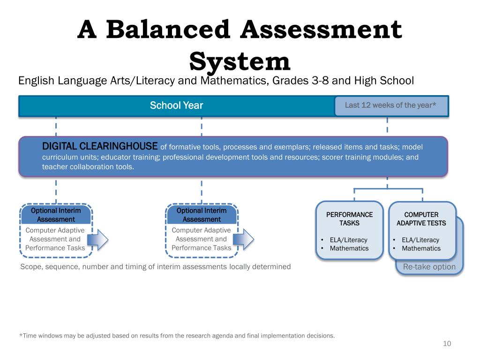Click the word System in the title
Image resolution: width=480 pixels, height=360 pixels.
(x=240, y=62)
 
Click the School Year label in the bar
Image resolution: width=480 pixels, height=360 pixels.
(x=176, y=105)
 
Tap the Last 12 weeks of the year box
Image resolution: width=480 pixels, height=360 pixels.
(x=391, y=106)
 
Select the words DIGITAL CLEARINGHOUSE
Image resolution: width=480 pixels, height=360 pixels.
(x=100, y=146)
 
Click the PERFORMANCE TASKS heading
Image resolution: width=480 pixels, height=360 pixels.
(x=349, y=219)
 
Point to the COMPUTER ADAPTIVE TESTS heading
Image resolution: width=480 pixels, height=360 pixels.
(x=421, y=219)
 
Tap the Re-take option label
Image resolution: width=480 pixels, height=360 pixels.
(x=429, y=267)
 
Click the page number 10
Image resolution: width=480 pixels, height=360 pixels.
(x=447, y=344)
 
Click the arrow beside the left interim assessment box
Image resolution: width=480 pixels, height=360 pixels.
(x=98, y=240)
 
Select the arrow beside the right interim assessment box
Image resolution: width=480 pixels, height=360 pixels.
(x=244, y=240)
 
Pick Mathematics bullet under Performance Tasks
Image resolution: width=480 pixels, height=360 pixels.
(x=349, y=248)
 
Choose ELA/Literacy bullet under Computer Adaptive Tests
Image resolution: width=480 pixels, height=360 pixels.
(x=420, y=240)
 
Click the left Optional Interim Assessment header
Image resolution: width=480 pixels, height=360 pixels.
(x=56, y=215)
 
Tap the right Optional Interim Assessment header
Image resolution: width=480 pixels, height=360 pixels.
(x=202, y=215)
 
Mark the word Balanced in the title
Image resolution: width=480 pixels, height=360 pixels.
(x=168, y=30)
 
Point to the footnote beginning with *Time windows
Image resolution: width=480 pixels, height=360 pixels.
(x=177, y=336)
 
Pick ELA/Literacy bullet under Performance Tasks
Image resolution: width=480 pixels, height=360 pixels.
(x=348, y=240)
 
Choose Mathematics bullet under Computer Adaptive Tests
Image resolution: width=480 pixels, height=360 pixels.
(x=421, y=248)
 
